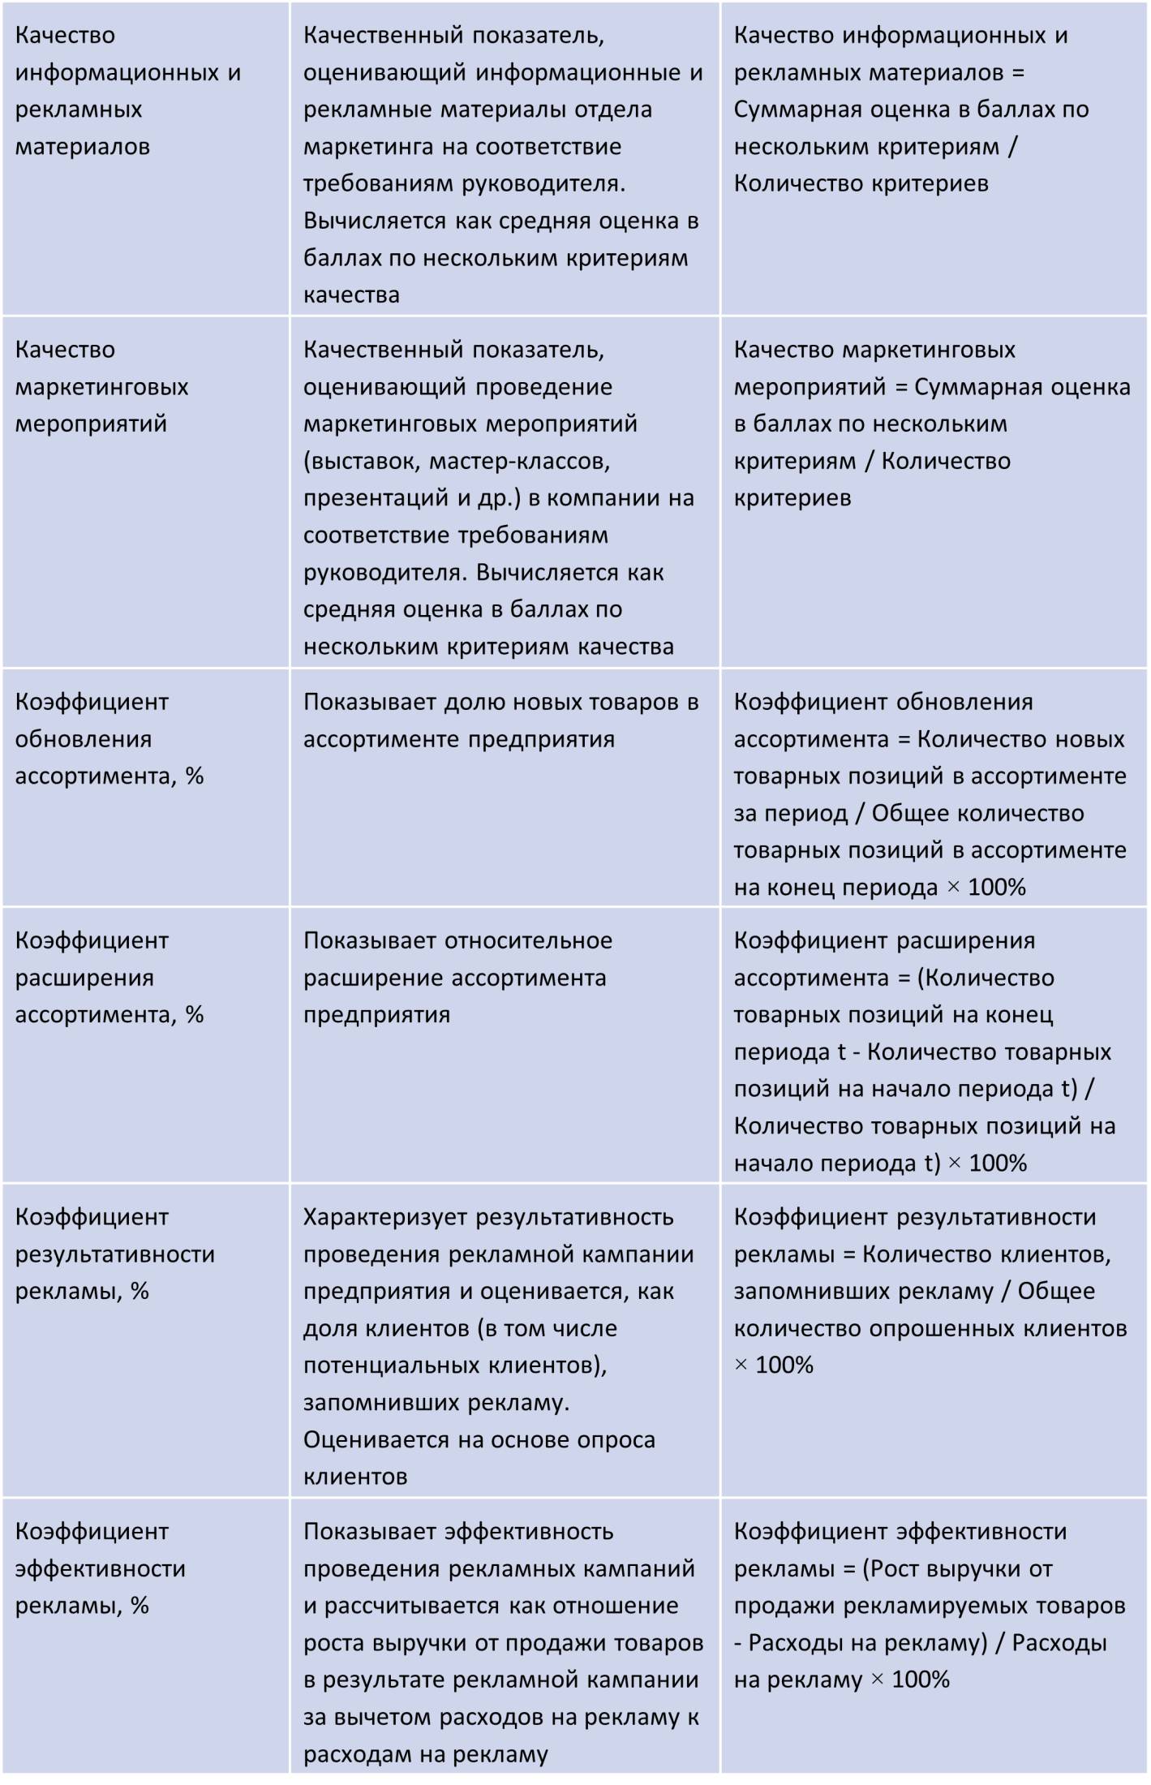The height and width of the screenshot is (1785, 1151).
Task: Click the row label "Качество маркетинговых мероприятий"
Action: [x=101, y=386]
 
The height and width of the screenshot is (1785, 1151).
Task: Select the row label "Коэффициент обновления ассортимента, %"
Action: [x=109, y=739]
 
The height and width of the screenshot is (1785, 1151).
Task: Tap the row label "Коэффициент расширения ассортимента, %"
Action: [x=109, y=978]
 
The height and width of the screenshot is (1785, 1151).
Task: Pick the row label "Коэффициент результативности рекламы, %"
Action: [x=114, y=1254]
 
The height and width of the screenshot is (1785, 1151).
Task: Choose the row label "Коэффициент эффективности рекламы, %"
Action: [x=101, y=1568]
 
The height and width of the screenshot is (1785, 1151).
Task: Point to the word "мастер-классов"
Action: [x=519, y=461]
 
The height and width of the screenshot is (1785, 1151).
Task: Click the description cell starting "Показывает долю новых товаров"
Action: [x=500, y=720]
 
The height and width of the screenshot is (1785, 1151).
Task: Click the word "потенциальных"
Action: [x=391, y=1366]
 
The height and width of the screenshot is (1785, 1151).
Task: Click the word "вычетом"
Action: [x=384, y=1717]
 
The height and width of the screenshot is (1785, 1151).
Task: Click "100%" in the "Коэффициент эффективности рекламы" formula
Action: [x=921, y=1680]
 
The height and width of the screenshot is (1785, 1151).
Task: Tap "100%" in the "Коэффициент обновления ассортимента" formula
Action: [x=997, y=887]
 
